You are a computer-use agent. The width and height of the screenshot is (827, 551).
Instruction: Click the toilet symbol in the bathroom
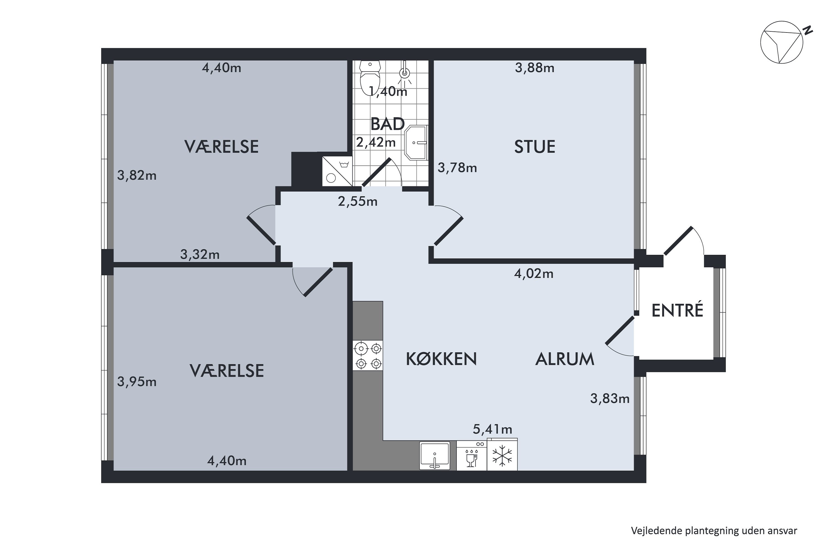coord(370,77)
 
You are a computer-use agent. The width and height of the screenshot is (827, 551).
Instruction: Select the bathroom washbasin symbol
coord(416,143)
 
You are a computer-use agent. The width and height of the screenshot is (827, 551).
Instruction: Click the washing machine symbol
coord(337,171)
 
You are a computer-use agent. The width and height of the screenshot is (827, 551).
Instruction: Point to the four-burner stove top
coord(368,355)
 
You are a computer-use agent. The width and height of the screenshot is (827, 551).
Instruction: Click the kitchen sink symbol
coord(435,456)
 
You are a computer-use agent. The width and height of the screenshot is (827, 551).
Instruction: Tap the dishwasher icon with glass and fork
coord(471,456)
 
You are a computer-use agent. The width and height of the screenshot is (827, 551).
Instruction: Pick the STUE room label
coord(535,147)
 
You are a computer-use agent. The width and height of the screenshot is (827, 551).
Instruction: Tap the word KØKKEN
coord(441,359)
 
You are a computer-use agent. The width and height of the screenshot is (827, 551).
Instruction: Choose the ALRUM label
coord(565,359)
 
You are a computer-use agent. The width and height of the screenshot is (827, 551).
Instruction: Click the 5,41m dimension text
coord(492,429)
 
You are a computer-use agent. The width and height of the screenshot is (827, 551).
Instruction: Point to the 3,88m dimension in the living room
coord(535,67)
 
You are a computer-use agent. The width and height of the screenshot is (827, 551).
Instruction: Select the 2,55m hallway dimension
coord(358,201)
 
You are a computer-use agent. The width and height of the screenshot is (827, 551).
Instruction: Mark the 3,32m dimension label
coord(200,254)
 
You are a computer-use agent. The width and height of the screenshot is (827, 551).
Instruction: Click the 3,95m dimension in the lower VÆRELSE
coord(137,381)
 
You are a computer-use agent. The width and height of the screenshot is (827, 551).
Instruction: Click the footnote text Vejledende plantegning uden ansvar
coord(714,530)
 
